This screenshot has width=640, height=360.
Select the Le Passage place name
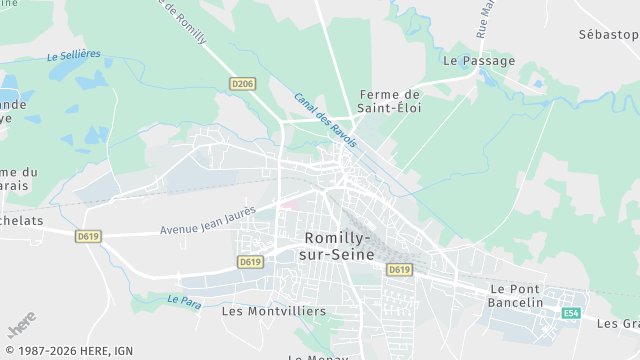pos(479,61)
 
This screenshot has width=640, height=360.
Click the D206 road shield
pos(242,84)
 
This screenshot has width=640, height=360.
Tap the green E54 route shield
pos(571,313)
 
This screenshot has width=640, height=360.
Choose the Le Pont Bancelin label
pos(516,295)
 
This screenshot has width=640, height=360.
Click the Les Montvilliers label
pos(273,311)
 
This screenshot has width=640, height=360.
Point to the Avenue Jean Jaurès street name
pos(208,221)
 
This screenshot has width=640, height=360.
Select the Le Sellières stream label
pos(74,56)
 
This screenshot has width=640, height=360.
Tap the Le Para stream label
pos(185,300)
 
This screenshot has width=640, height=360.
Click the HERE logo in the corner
pos(21,328)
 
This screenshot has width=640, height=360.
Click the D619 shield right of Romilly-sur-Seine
pos(399,270)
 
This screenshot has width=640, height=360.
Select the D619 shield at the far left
pos(89,237)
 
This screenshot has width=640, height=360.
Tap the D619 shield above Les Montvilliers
pos(250,262)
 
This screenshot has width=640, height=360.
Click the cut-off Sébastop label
pos(608,34)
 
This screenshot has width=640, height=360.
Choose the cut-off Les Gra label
pos(617,323)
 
